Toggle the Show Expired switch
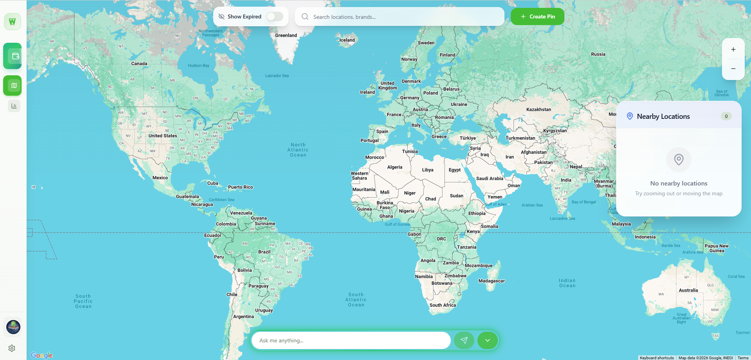tap(274, 16)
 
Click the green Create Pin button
tap(537, 16)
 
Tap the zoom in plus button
tap(733, 49)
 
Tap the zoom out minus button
tap(733, 69)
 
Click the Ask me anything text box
tap(351, 340)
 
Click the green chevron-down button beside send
tap(488, 340)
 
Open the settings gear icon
tap(12, 348)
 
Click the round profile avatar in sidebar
tap(13, 327)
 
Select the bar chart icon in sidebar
tap(14, 106)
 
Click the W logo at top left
tap(13, 22)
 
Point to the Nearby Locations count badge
tap(726, 116)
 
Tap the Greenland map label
tap(286, 35)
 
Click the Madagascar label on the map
tap(492, 281)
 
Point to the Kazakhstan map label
tap(539, 109)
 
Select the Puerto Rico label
tap(240, 187)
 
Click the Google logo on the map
tap(42, 355)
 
